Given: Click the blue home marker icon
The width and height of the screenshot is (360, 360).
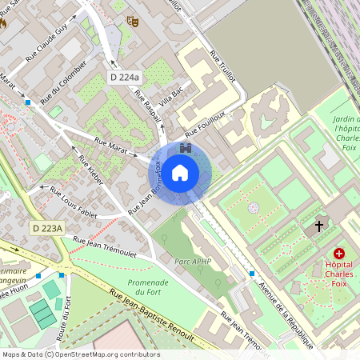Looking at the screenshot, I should click(180, 172).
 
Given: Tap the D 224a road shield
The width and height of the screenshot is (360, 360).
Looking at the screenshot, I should click(124, 77).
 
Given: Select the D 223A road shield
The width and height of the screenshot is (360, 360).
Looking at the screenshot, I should click(47, 229).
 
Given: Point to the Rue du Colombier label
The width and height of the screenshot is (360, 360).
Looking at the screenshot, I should click(62, 82).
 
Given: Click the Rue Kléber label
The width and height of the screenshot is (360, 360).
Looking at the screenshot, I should click(90, 170).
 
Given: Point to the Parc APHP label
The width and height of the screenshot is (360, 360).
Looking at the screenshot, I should click(191, 261).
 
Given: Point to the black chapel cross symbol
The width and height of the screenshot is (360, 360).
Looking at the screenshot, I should click(319, 227).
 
